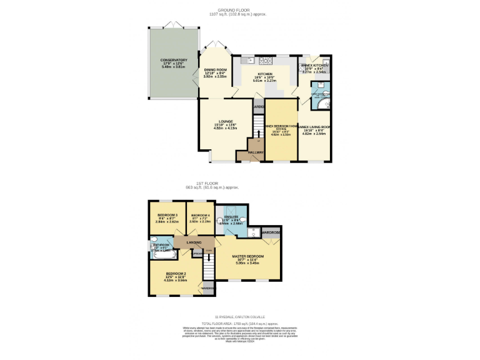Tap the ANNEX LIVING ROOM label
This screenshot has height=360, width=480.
pyautogui.click(x=316, y=127)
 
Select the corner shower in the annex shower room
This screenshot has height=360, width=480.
pyautogui.click(x=326, y=103)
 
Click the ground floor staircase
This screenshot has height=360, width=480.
pyautogui.click(x=256, y=131)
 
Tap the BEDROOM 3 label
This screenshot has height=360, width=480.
pyautogui.click(x=167, y=215)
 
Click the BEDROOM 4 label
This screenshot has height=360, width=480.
pyautogui.click(x=201, y=215)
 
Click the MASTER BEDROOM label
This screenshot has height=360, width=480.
pyautogui.click(x=247, y=256)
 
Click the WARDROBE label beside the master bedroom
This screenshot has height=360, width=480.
pyautogui.click(x=270, y=232)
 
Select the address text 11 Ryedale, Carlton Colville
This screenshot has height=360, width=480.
pyautogui.click(x=239, y=317)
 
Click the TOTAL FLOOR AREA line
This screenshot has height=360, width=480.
pyautogui.click(x=239, y=322)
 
